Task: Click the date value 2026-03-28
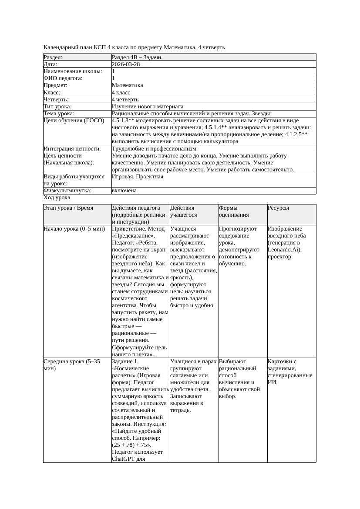[x=126, y=64]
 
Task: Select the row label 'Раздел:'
[x=53, y=57]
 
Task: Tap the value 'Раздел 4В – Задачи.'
[x=137, y=57]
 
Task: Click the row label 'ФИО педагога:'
[x=63, y=78]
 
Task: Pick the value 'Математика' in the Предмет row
[x=127, y=85]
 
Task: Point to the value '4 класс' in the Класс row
[x=121, y=93]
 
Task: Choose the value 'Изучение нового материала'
[x=148, y=107]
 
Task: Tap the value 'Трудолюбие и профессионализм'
[x=154, y=149]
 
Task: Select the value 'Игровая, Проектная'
[x=138, y=177]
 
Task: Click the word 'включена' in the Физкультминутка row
[x=124, y=191]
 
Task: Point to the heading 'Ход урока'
[x=57, y=198]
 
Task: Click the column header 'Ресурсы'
[x=279, y=208]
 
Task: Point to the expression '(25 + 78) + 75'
[x=130, y=445]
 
